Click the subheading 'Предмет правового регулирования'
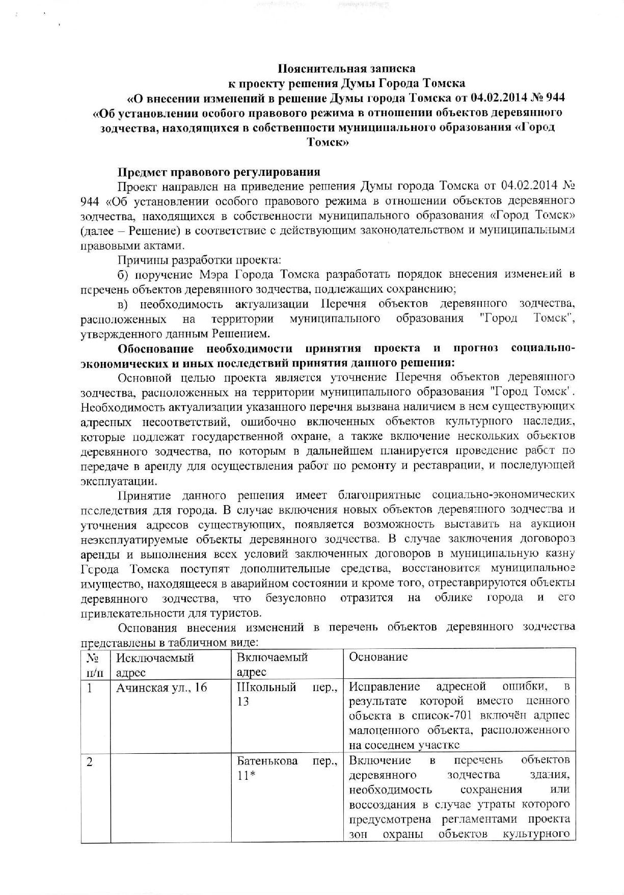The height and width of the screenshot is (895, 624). (x=219, y=172)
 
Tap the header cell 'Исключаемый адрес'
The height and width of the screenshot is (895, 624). (x=155, y=665)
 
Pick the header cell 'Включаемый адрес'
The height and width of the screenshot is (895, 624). (x=272, y=665)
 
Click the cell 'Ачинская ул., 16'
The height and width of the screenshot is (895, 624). (x=161, y=688)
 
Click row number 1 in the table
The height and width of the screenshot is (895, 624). (x=90, y=688)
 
